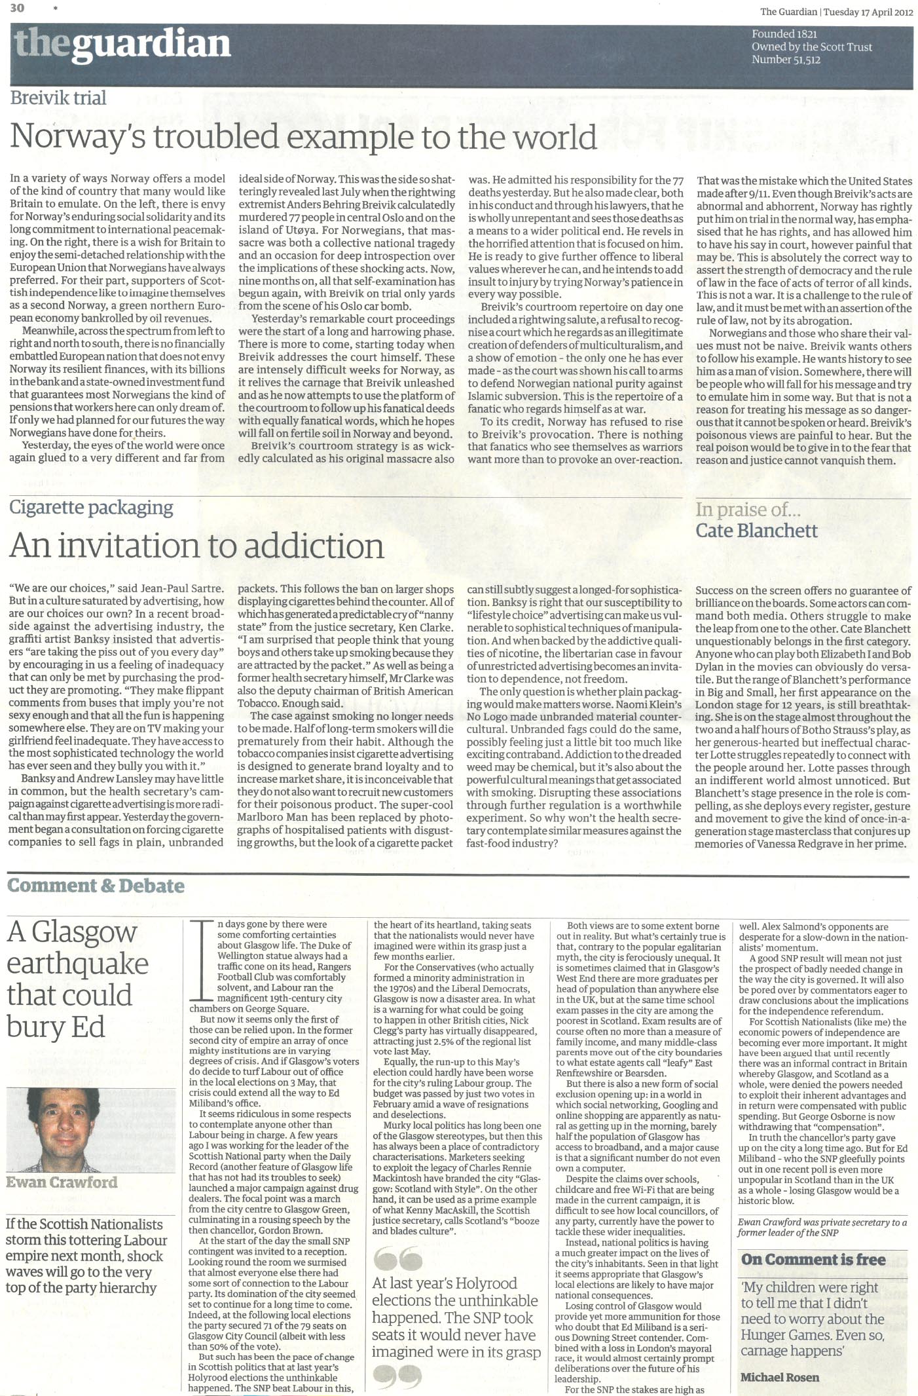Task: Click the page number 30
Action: pos(17,7)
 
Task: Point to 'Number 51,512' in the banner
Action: pos(786,60)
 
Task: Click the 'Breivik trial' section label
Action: pos(58,98)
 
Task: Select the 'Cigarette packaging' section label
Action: pos(92,508)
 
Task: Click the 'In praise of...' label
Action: pos(748,510)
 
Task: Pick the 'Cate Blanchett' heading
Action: pos(756,531)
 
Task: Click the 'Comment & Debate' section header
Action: pos(96,886)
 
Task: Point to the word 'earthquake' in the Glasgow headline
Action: pos(78,964)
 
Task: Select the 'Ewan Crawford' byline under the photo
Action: pos(62,1182)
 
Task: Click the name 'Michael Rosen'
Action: pos(779,1377)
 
